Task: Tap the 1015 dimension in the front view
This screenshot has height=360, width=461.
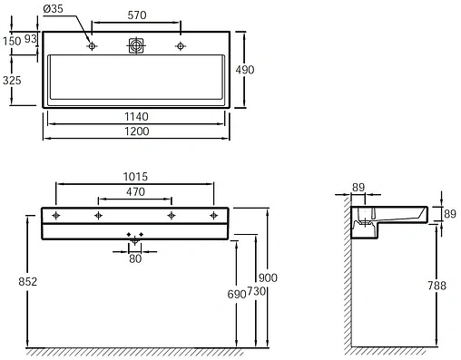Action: (x=135, y=178)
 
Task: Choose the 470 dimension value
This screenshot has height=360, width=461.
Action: (x=135, y=192)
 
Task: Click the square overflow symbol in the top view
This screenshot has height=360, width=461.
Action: (x=135, y=45)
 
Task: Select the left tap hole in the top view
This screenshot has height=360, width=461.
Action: (x=92, y=45)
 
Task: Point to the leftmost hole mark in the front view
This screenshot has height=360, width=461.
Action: (x=56, y=216)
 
